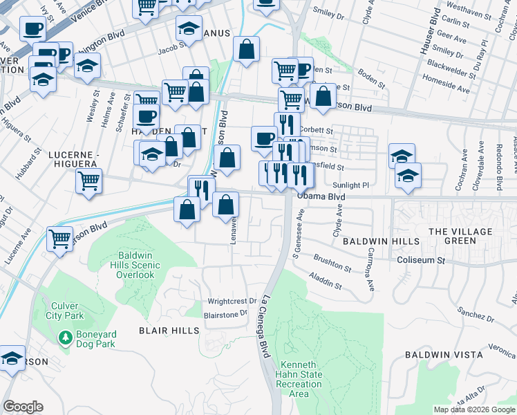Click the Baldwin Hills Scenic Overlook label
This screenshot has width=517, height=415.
click(135, 265)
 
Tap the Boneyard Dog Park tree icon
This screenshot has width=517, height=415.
click(65, 338)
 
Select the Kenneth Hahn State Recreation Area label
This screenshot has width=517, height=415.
click(299, 379)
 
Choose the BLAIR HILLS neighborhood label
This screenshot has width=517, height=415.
click(165, 331)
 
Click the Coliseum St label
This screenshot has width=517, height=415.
click(421, 260)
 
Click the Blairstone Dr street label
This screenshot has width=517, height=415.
click(225, 313)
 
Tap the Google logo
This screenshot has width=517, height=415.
click(23, 407)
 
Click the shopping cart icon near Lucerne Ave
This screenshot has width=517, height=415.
click(60, 239)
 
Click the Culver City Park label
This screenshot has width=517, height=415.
click(67, 311)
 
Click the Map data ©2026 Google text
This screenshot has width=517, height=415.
click(473, 409)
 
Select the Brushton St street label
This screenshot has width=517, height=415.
click(332, 263)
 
